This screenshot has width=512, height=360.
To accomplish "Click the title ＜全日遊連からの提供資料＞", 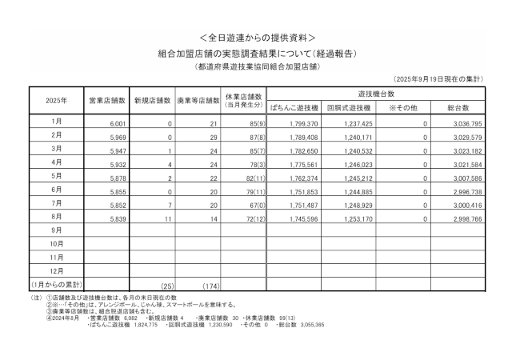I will coord(256,37).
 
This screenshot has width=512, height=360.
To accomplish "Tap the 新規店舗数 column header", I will coord(153,101).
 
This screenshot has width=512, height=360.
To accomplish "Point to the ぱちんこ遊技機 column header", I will coord(295,106).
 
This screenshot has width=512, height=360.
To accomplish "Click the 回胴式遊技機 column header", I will coord(350,106).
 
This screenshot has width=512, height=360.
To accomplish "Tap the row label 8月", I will coord(57,216).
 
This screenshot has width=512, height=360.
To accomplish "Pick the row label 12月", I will coord(57,270).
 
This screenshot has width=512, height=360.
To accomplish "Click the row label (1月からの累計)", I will coord(57,284).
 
